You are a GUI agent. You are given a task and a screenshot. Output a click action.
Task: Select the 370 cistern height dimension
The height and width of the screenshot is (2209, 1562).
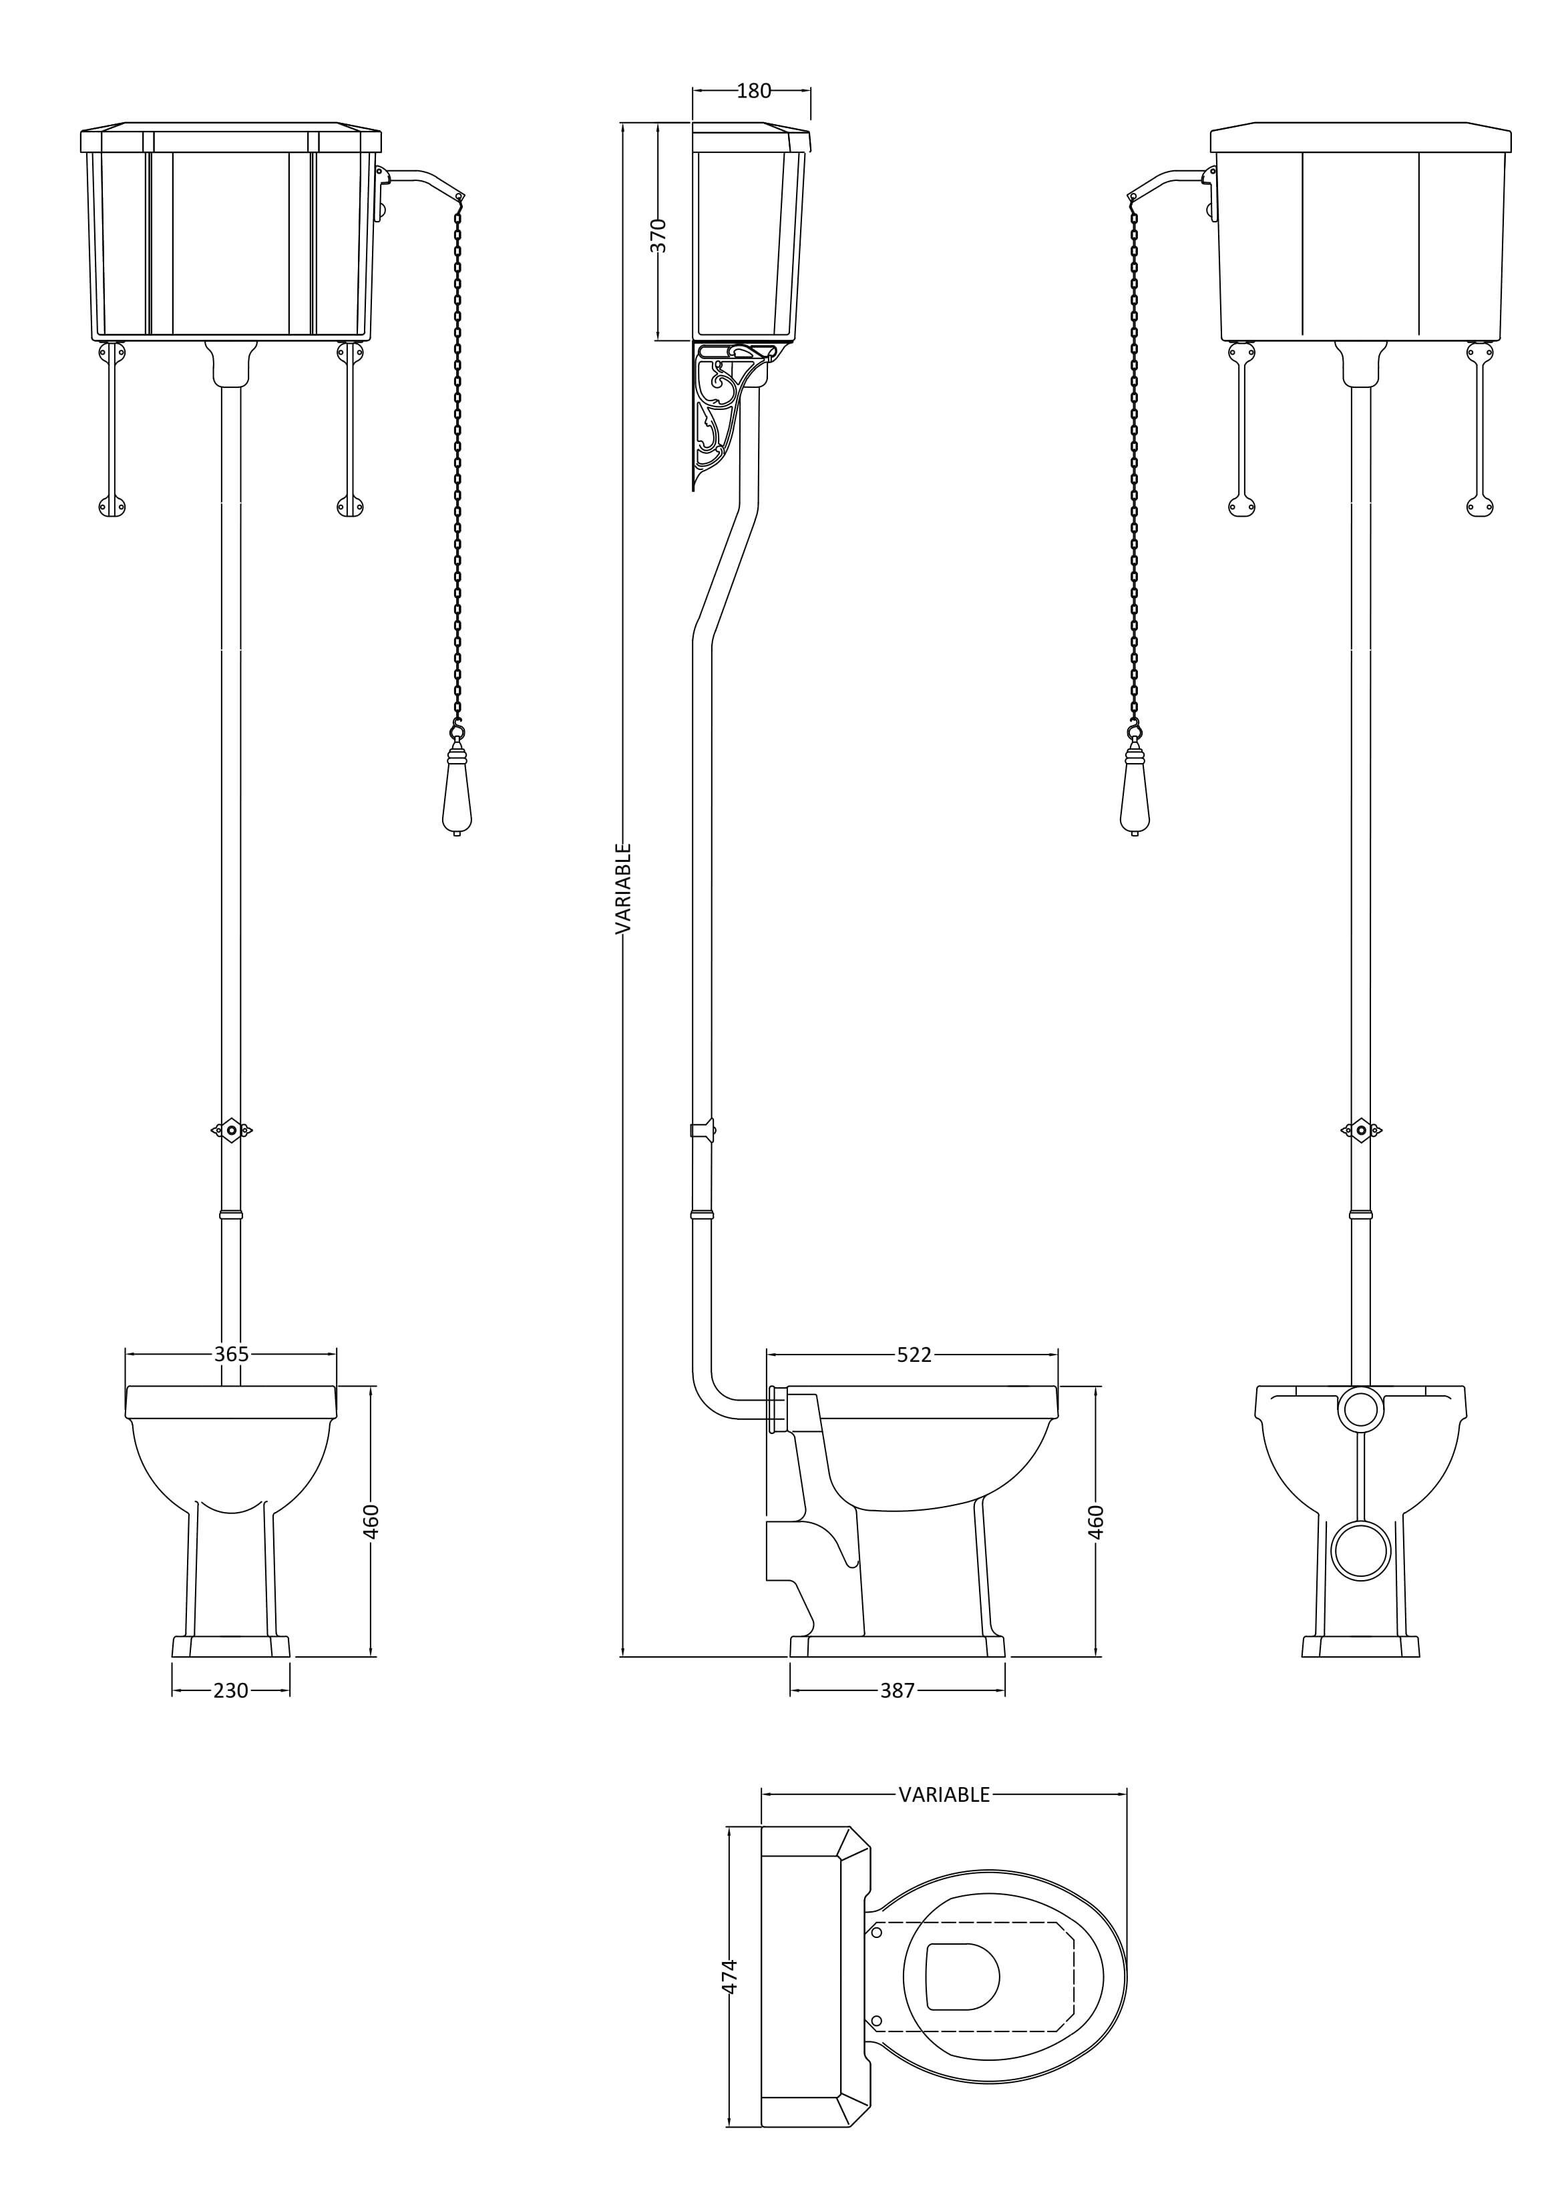pyautogui.click(x=658, y=236)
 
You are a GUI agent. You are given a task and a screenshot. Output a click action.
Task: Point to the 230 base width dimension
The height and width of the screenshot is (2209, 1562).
pyautogui.click(x=231, y=1690)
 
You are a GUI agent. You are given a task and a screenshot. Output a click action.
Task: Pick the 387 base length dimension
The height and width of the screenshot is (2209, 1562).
pyautogui.click(x=897, y=1690)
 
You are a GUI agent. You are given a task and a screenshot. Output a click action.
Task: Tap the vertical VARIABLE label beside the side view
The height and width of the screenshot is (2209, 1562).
pyautogui.click(x=622, y=889)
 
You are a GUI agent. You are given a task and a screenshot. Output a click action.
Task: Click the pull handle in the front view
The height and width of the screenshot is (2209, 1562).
pyautogui.click(x=456, y=784)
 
